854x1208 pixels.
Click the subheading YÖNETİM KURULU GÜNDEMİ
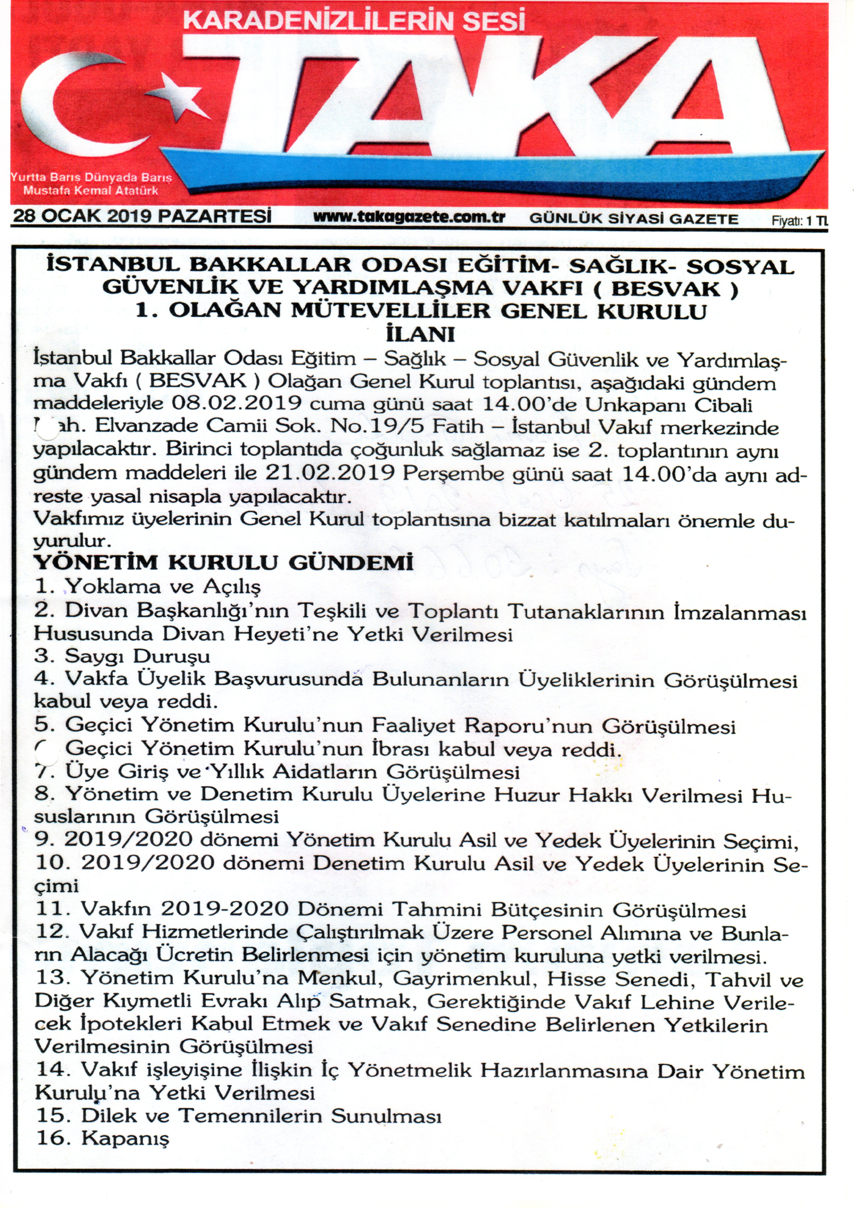[x=224, y=563]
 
